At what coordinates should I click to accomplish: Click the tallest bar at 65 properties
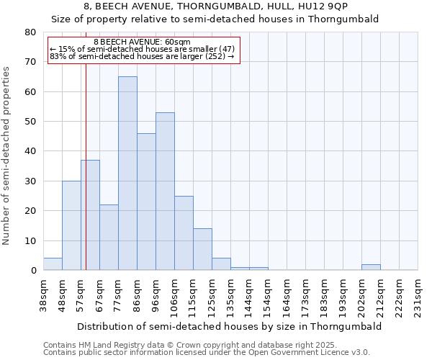tap(127, 173)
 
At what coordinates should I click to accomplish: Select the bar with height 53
tap(165, 191)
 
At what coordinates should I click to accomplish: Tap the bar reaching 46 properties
tap(146, 202)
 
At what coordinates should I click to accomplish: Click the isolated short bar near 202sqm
tap(371, 267)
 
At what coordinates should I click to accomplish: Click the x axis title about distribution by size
tap(229, 326)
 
